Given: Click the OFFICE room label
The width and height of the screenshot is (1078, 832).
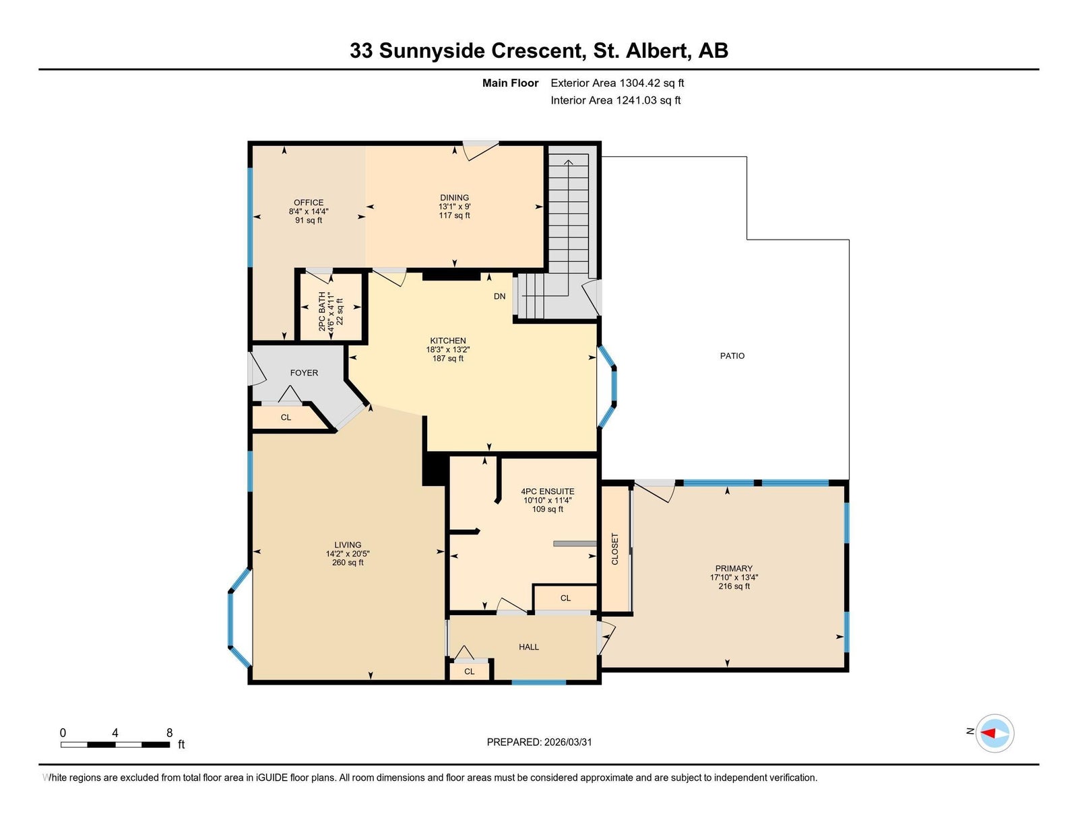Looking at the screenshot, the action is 309,203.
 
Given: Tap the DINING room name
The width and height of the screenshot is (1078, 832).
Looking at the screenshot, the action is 454,198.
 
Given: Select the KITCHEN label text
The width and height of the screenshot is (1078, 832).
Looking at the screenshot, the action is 448,341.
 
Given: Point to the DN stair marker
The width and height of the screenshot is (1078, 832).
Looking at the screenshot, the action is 499,296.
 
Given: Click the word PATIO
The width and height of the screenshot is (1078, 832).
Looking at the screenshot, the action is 732,356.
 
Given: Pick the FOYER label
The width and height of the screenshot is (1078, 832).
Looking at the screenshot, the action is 304,373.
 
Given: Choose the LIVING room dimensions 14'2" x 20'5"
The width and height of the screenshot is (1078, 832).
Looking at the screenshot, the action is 348,554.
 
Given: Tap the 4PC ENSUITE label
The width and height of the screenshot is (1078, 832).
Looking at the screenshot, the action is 548,491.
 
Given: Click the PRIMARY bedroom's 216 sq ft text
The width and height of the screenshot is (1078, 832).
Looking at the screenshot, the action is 734,586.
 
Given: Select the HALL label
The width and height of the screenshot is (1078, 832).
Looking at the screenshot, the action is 529,647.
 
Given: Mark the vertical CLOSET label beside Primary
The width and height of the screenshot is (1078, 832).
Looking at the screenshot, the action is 615,549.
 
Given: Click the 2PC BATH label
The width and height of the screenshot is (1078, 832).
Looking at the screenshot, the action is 322,311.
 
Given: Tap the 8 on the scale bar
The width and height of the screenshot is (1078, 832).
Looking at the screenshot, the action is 170,733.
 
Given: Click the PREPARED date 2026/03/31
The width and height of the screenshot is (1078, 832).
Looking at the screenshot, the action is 568,742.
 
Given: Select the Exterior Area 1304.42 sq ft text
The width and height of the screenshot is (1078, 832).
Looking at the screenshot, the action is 617,83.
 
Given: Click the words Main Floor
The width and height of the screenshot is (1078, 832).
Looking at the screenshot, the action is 510,83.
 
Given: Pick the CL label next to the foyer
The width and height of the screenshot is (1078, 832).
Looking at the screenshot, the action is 286,418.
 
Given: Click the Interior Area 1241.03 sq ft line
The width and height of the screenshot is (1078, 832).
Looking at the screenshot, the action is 615,100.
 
